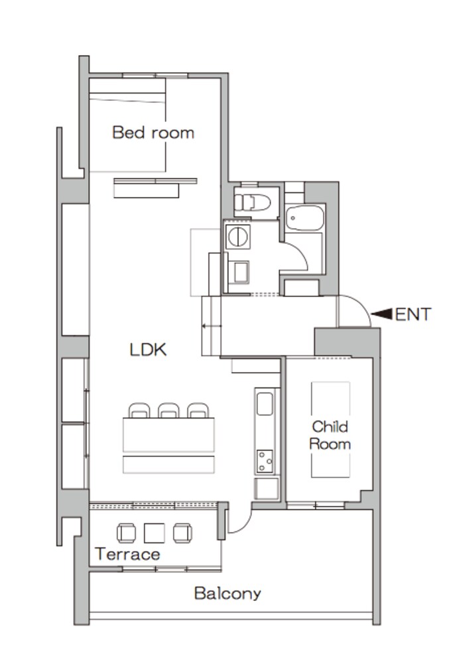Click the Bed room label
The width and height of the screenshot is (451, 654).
tap(153, 133)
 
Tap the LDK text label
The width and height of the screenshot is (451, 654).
tap(148, 350)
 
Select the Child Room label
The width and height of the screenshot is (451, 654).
tap(330, 435)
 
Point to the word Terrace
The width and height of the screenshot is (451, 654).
tap(127, 554)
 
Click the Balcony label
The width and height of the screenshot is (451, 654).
tap(227, 593)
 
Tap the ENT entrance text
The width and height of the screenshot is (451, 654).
tap(413, 314)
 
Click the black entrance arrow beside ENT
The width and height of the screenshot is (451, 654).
tap(381, 314)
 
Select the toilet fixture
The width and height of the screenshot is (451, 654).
tap(252, 203)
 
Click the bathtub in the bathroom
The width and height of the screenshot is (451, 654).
tap(305, 218)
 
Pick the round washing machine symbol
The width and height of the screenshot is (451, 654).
tap(238, 237)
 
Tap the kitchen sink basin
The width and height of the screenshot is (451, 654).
tap(265, 404)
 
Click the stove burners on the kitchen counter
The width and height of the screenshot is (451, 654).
tap(265, 461)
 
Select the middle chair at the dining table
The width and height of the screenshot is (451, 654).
tap(168, 411)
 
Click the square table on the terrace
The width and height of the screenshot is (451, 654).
tap(155, 533)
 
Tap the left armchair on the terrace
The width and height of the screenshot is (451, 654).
tap(127, 533)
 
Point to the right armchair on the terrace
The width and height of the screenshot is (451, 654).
tap(182, 533)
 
